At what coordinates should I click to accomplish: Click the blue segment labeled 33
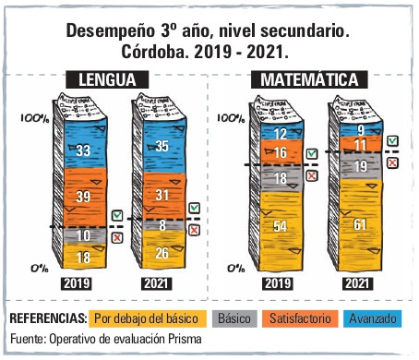click(x=85, y=143)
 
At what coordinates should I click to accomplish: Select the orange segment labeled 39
click(x=85, y=198)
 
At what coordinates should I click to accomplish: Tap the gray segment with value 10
click(x=85, y=235)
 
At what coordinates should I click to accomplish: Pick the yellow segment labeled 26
click(x=164, y=249)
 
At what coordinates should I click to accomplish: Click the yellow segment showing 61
click(x=361, y=224)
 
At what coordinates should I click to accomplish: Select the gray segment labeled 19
click(x=361, y=165)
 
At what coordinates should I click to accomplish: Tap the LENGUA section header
click(x=107, y=79)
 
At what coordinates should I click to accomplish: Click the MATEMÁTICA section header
click(x=309, y=79)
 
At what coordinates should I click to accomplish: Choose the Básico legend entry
click(x=234, y=318)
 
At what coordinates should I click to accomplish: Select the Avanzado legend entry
click(x=373, y=318)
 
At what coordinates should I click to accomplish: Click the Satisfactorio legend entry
click(x=300, y=318)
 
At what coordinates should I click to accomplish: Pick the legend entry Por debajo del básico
click(x=148, y=318)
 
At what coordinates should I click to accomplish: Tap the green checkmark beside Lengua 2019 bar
click(x=117, y=215)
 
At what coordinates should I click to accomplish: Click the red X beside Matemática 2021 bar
click(x=392, y=162)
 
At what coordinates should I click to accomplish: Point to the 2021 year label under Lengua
click(x=157, y=283)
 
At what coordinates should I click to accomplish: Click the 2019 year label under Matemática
click(x=278, y=283)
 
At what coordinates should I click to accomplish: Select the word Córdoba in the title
click(x=155, y=52)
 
